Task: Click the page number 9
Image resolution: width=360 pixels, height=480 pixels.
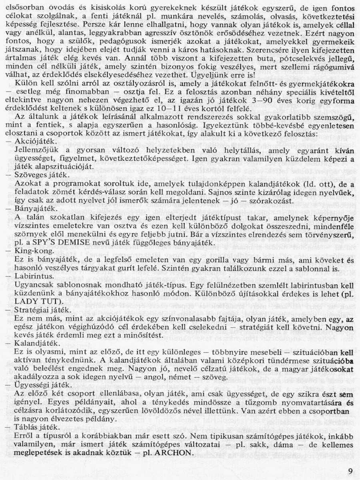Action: click(350, 471)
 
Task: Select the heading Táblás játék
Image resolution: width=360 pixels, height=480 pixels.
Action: click(34, 427)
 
